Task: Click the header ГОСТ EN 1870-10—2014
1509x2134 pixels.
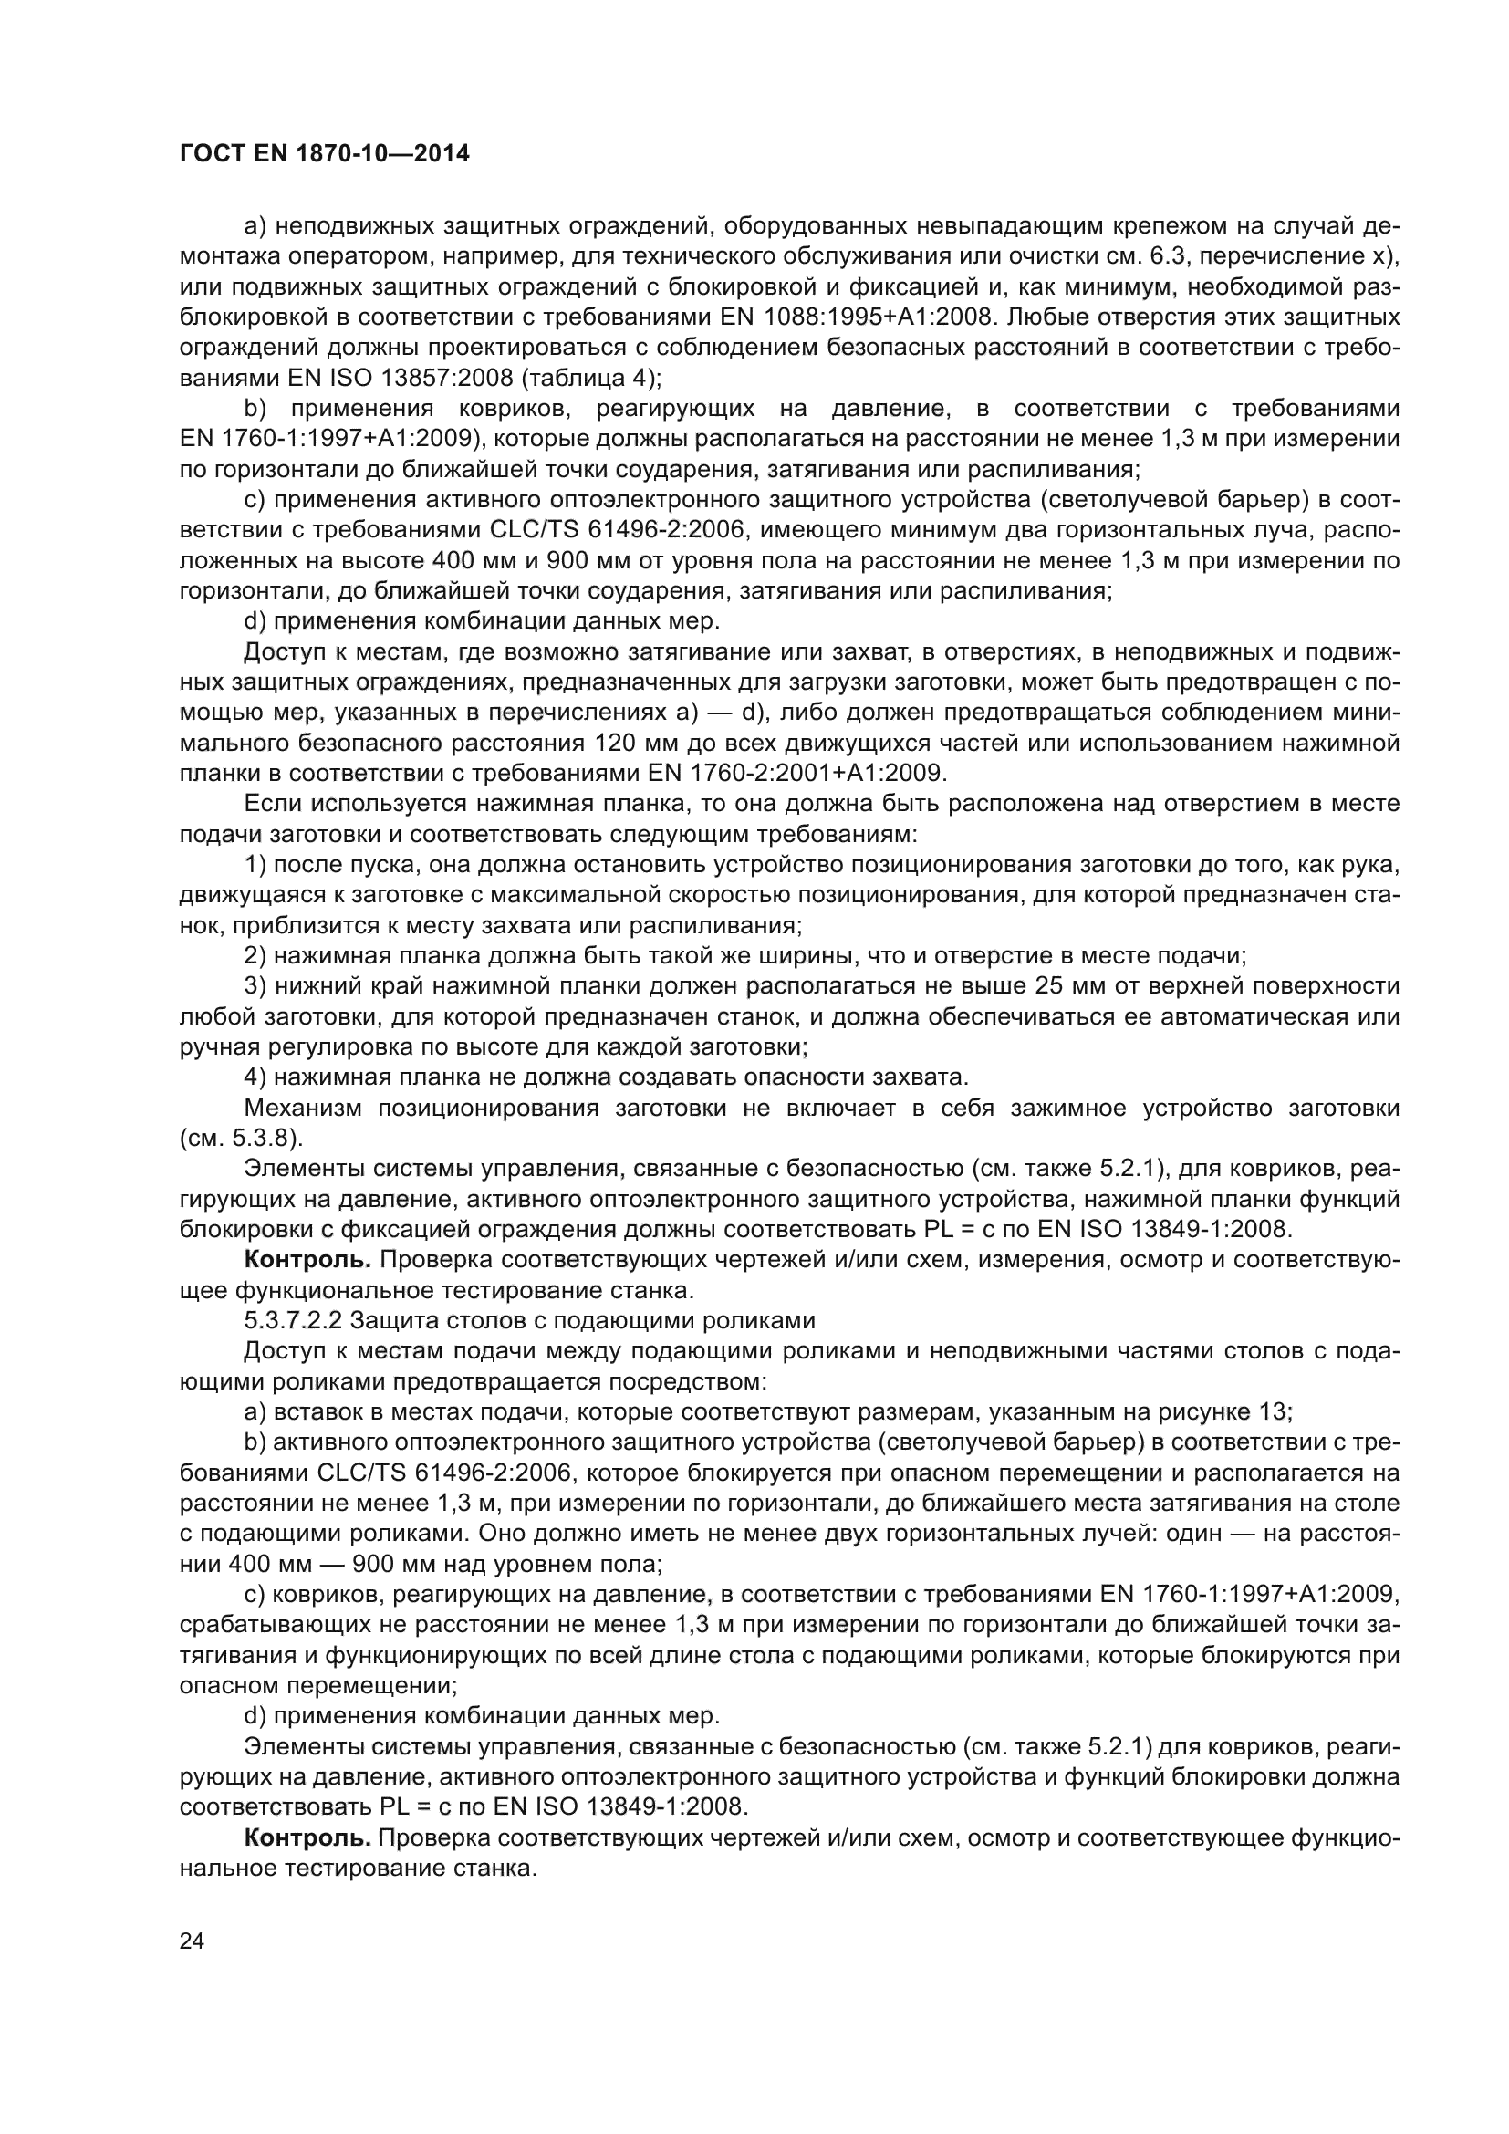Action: click(324, 154)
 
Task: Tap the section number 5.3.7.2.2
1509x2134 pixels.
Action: click(291, 1321)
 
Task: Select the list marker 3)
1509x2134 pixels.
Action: click(255, 986)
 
